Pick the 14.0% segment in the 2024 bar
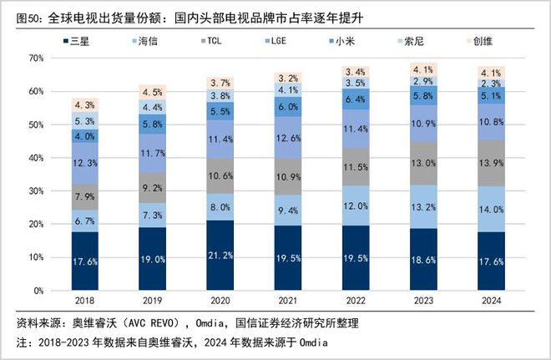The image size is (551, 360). click(x=493, y=209)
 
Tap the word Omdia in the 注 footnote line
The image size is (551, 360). click(x=311, y=342)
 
